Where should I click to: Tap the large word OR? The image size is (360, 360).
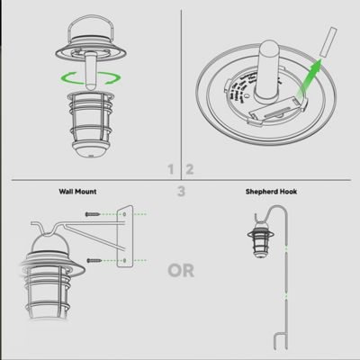tap(181, 269)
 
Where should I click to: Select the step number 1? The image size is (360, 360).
tap(171, 168)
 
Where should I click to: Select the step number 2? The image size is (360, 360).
tap(190, 168)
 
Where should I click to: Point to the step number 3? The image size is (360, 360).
tap(181, 191)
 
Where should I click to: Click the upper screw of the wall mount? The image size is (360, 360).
tap(94, 214)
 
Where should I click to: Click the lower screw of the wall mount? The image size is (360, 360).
tap(94, 260)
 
